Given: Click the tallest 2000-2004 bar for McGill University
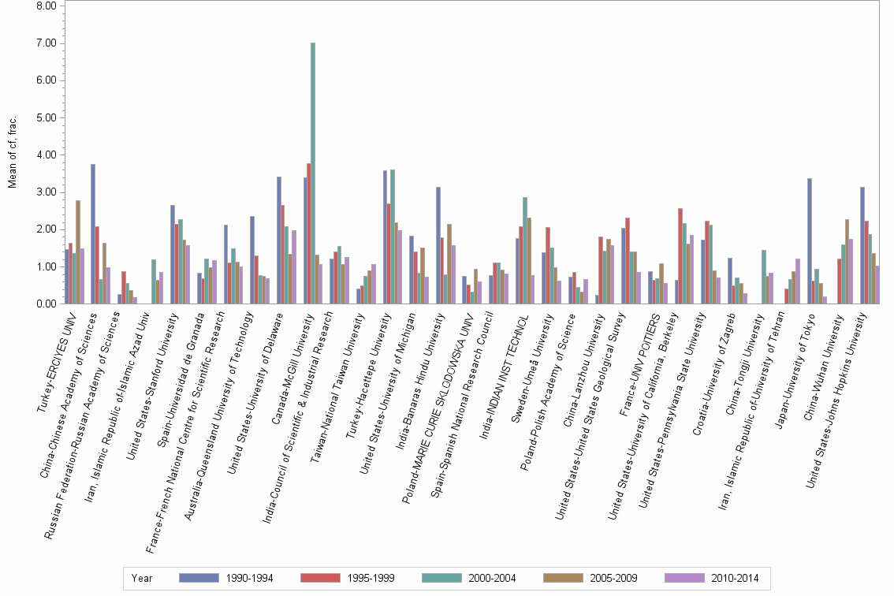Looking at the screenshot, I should coord(313,173).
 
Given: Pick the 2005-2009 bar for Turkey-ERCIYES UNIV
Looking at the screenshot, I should coord(78,252).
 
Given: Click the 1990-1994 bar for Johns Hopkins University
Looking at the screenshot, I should coord(862,245).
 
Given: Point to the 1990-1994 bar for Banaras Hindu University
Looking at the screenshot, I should coord(438,245).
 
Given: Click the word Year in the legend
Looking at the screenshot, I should coord(143,578).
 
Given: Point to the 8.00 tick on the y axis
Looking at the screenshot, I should coord(47,6).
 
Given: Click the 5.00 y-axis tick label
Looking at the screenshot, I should coord(47,117).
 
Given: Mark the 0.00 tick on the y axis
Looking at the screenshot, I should coord(47,304).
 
